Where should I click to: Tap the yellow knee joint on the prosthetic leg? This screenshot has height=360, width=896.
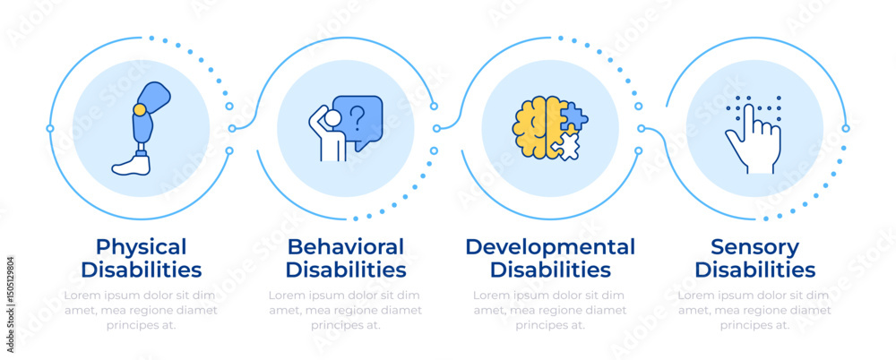click(x=140, y=109)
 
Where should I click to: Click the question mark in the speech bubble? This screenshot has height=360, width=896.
click(x=358, y=116)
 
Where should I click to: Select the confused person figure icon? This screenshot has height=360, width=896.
click(x=330, y=135)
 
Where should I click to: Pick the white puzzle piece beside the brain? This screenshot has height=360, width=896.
click(x=566, y=145)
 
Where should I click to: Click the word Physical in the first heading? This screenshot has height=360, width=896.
click(x=141, y=246)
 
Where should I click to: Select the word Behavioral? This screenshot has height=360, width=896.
click(x=345, y=246)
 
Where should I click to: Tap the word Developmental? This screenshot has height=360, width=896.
click(x=550, y=246)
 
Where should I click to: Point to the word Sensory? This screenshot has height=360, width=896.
click(x=754, y=246)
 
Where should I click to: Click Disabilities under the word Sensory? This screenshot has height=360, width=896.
click(x=754, y=270)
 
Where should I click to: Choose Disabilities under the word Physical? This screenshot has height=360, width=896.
click(x=141, y=270)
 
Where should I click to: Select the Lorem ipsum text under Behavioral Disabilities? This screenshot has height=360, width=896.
click(x=345, y=310)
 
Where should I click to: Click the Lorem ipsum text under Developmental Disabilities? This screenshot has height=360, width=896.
click(x=550, y=310)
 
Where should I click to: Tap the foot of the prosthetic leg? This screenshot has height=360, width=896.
click(x=131, y=163)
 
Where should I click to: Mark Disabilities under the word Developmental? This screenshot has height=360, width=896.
click(x=550, y=270)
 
